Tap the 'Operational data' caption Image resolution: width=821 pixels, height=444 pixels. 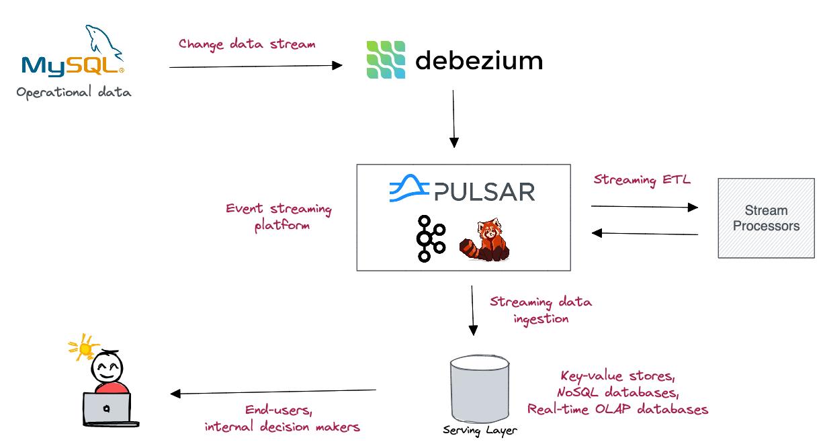click(74, 93)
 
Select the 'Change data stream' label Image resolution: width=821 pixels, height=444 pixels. click(247, 44)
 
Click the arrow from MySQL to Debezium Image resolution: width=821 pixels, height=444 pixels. click(255, 66)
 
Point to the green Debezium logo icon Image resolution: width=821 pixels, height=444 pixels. click(386, 60)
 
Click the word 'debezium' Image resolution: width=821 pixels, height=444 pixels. click(478, 60)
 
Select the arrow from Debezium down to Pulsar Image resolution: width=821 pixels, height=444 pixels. click(453, 118)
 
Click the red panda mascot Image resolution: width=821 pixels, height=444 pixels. click(484, 240)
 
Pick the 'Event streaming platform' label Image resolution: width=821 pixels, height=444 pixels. click(279, 217)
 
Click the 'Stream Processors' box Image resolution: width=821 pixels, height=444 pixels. click(766, 218)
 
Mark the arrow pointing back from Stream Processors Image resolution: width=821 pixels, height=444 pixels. click(644, 233)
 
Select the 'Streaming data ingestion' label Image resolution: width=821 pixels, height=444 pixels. click(541, 310)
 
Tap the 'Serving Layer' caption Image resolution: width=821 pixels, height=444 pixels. click(480, 430)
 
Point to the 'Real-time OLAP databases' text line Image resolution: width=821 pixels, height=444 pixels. click(617, 409)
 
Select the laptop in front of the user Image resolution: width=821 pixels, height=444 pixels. click(107, 408)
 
